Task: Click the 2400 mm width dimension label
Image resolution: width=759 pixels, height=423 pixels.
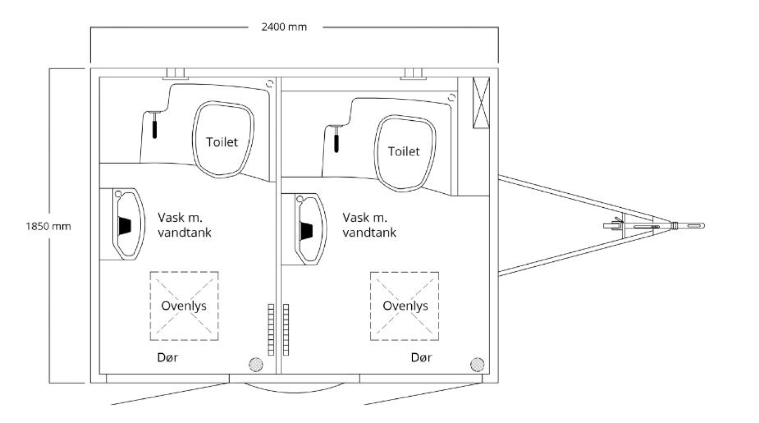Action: (x=284, y=27)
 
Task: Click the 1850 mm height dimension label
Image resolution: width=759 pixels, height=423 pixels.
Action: (x=48, y=226)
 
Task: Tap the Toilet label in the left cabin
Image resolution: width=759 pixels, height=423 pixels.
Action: (x=222, y=142)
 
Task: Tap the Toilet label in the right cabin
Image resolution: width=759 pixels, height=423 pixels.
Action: (x=404, y=151)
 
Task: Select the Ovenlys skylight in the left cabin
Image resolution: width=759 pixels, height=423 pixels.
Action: (x=184, y=305)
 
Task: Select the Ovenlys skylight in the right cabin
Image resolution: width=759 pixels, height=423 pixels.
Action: (x=405, y=305)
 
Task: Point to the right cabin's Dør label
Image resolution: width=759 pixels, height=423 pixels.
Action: (x=421, y=358)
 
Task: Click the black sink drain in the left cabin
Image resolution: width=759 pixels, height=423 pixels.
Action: (x=125, y=226)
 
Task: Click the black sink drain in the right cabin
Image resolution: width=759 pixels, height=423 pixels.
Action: (x=306, y=231)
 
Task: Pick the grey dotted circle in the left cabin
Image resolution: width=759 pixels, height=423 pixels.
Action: (x=256, y=364)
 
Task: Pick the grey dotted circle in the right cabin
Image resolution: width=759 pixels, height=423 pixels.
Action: (x=477, y=364)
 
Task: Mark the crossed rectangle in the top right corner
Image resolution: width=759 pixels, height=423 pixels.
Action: (x=481, y=102)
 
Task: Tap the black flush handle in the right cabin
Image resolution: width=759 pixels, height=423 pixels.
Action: (x=337, y=142)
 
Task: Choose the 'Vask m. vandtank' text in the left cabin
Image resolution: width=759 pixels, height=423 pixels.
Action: (x=184, y=225)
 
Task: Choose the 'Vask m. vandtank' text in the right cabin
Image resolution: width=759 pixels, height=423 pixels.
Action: (x=369, y=225)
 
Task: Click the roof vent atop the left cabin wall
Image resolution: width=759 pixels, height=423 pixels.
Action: (x=176, y=74)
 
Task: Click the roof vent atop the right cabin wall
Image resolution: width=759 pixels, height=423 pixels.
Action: (x=413, y=74)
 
